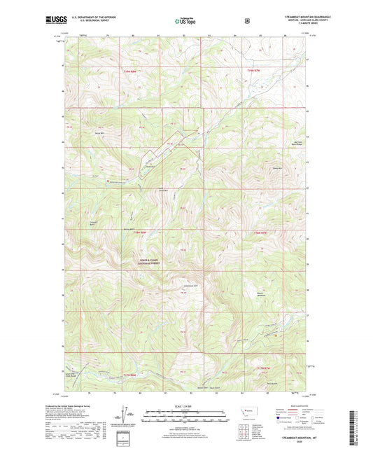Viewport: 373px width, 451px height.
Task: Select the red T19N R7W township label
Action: point(258,71)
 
